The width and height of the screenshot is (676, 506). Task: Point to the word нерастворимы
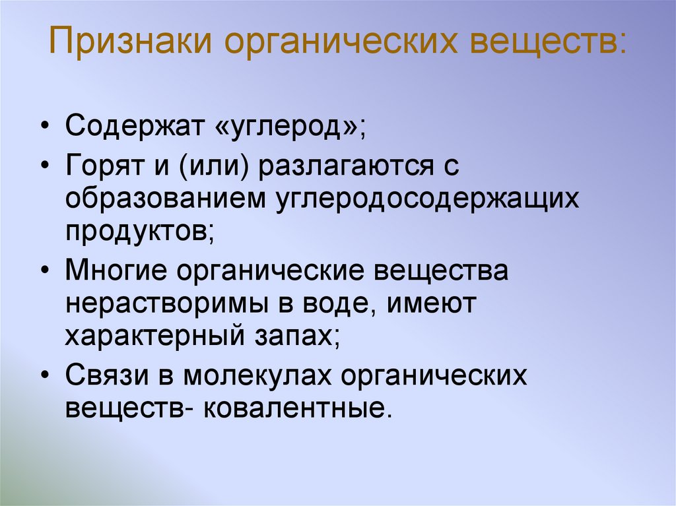point(159,305)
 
